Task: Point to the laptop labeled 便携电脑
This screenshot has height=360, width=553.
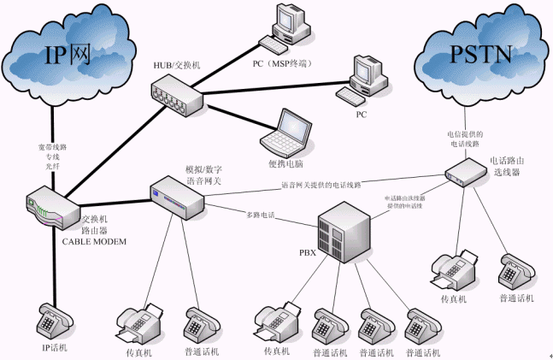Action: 284,131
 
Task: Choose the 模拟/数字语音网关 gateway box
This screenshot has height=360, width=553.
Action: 177,198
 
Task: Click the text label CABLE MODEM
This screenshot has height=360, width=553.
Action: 94,242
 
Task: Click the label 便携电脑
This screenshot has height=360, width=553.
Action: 285,162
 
